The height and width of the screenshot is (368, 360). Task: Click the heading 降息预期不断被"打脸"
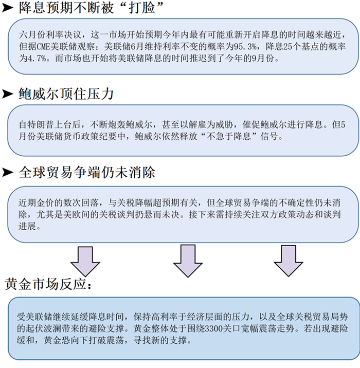(91, 8)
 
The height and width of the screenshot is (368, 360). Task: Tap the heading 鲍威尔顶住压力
(66, 94)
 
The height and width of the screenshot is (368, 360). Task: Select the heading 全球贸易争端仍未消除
(87, 173)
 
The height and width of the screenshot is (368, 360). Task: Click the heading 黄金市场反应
(48, 284)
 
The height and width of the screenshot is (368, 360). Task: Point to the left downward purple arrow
(85, 261)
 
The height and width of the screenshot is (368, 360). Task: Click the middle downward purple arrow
(188, 261)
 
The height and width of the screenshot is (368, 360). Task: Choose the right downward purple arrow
(289, 261)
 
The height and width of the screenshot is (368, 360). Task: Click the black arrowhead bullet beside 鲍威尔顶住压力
(8, 94)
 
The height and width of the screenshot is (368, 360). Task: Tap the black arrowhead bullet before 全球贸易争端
(8, 173)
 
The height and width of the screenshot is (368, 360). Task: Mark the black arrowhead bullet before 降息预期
(8, 8)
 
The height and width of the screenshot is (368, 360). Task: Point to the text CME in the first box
(43, 47)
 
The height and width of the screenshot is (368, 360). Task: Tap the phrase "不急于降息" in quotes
(229, 136)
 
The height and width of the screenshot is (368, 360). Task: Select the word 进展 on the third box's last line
(27, 226)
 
